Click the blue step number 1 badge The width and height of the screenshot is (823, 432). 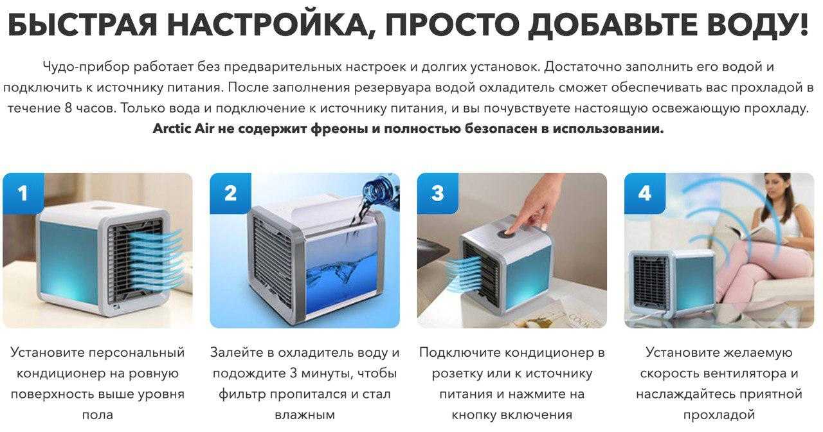tap(24, 194)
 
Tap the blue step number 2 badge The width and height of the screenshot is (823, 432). tap(231, 194)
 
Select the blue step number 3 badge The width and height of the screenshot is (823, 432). tap(438, 194)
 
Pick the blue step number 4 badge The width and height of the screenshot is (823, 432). tap(645, 194)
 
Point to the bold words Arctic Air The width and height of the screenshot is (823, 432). tap(183, 129)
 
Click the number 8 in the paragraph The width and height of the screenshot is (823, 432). tap(68, 109)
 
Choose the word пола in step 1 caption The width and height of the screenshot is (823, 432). tap(97, 415)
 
